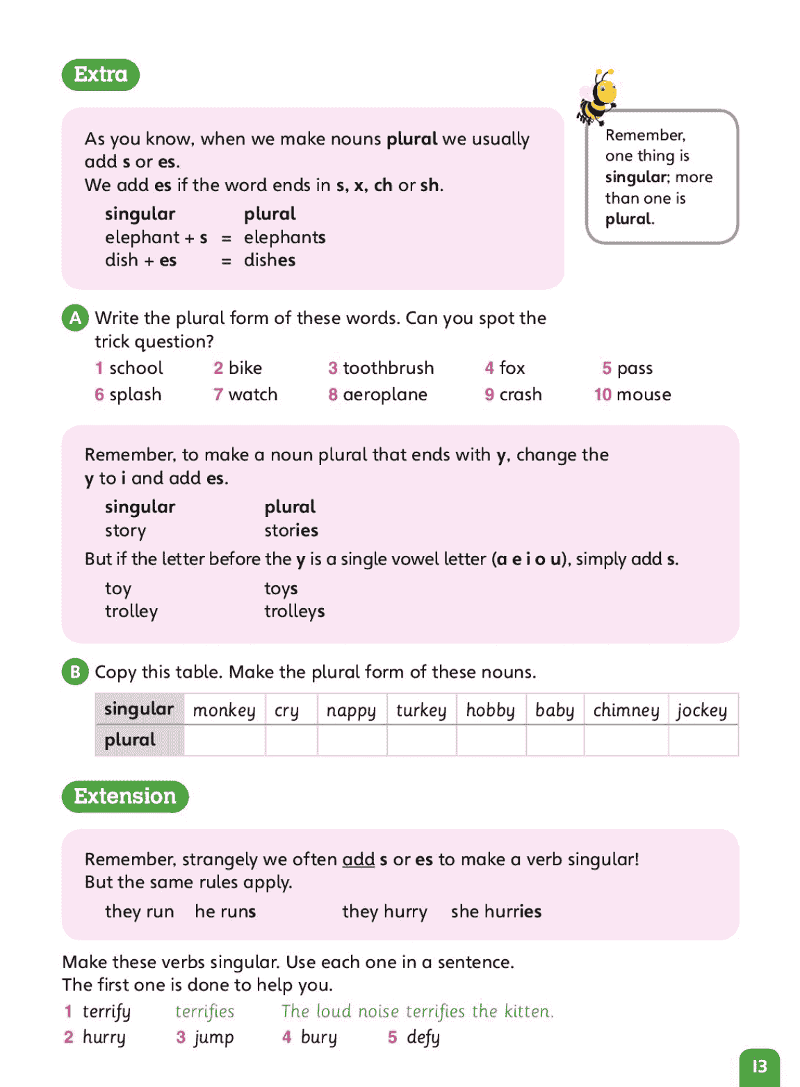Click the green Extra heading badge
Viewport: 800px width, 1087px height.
(101, 74)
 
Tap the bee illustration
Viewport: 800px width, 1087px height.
(597, 97)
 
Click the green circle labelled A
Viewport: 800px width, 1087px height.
(75, 318)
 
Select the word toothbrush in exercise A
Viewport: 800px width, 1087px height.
(388, 368)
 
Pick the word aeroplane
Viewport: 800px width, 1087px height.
(385, 395)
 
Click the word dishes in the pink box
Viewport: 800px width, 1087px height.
(270, 260)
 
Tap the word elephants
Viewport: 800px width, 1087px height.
(284, 237)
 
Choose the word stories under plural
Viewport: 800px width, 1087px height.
(291, 530)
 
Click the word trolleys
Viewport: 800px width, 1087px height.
(294, 612)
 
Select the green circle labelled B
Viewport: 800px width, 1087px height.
(75, 672)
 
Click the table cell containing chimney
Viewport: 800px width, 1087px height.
(626, 710)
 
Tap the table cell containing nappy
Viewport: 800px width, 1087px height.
(351, 710)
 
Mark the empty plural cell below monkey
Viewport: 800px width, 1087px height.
(224, 740)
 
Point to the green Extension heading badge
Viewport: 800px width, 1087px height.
(125, 796)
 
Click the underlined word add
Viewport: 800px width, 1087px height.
(358, 860)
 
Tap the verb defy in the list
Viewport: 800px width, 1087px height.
(423, 1037)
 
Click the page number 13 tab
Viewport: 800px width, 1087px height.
(760, 1066)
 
